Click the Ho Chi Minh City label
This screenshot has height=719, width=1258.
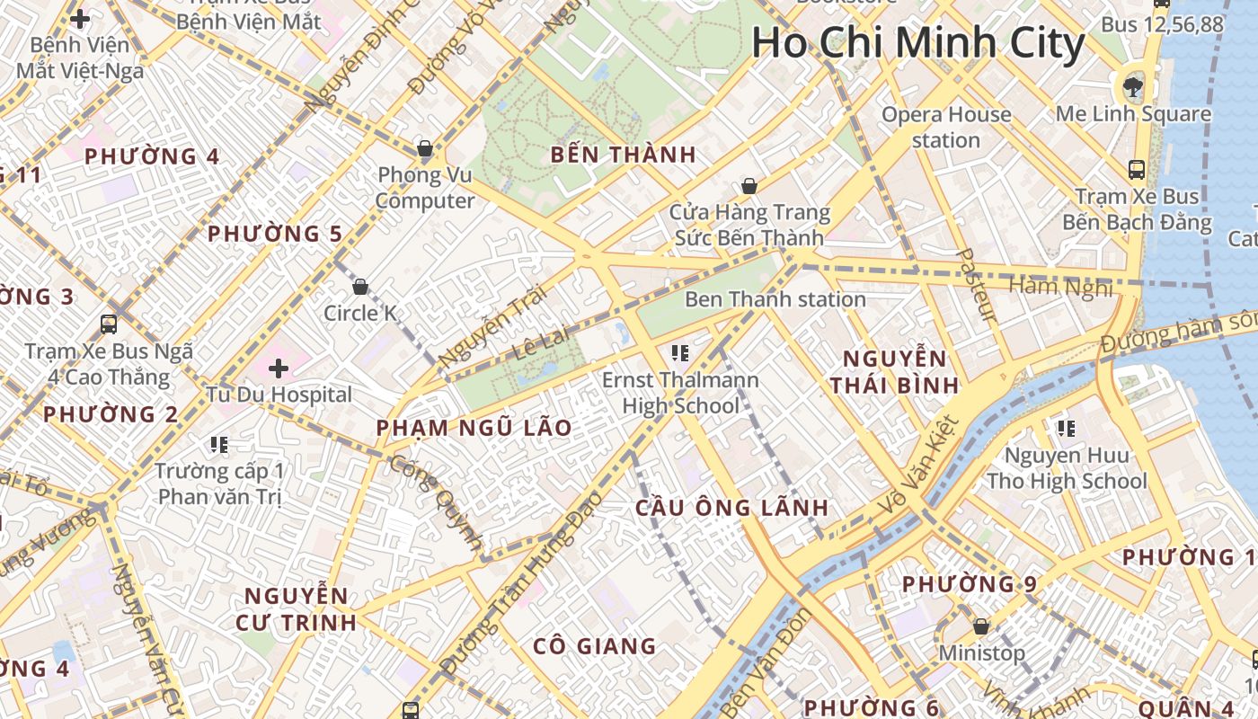pyautogui.click(x=918, y=43)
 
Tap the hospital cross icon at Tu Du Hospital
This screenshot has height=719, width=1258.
pyautogui.click(x=279, y=368)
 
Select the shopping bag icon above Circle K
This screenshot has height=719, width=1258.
pyautogui.click(x=360, y=287)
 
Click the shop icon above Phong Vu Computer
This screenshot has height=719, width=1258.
pyautogui.click(x=424, y=147)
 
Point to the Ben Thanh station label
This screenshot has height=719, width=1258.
pyautogui.click(x=775, y=299)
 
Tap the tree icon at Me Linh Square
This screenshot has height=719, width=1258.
pyautogui.click(x=1132, y=87)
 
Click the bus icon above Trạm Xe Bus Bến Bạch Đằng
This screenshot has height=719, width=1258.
pyautogui.click(x=1136, y=169)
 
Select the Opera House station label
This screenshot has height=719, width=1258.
pyautogui.click(x=945, y=127)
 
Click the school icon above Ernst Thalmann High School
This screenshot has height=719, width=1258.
pyautogui.click(x=679, y=353)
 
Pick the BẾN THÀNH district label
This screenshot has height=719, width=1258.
pyautogui.click(x=624, y=155)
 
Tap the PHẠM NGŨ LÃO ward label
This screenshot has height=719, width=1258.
pyautogui.click(x=474, y=428)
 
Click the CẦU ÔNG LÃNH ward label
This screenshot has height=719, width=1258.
pyautogui.click(x=731, y=507)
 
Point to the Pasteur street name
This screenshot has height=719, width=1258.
pyautogui.click(x=977, y=285)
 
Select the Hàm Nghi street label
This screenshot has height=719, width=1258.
pyautogui.click(x=1061, y=287)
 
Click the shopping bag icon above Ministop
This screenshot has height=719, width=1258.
pyautogui.click(x=981, y=626)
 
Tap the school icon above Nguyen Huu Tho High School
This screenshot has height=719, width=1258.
pyautogui.click(x=1067, y=429)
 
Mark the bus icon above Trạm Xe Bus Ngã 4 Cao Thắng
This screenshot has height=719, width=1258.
pyautogui.click(x=109, y=324)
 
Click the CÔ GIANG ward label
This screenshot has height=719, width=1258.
pyautogui.click(x=594, y=646)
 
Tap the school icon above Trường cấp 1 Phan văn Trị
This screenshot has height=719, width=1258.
pyautogui.click(x=218, y=444)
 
